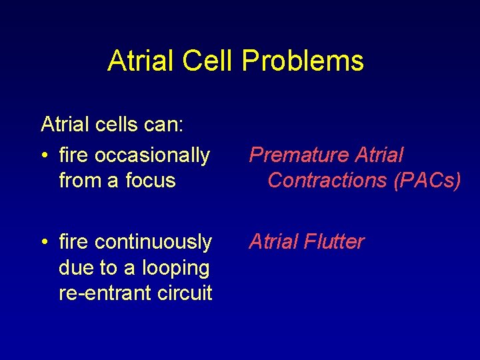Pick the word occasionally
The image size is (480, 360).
(152, 155)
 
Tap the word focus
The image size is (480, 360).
(153, 180)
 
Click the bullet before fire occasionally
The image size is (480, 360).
(44, 156)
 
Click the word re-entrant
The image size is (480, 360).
(99, 293)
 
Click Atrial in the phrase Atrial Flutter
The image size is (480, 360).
(273, 241)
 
